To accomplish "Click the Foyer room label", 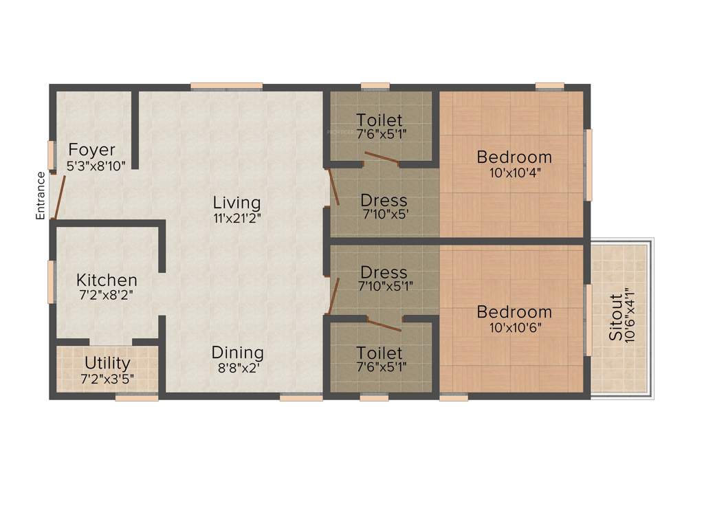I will [91, 150].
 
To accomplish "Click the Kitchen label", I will [107, 280].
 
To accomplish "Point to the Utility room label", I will [107, 362].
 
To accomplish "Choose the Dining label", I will [237, 352].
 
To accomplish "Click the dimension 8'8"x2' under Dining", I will [237, 367].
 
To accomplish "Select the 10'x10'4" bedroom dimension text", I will [514, 173].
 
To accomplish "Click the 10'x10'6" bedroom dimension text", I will [514, 327].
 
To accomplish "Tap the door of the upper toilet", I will [382, 159].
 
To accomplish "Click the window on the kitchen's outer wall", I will [51, 281].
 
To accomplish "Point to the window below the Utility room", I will [137, 397].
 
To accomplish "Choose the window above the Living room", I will [226, 86].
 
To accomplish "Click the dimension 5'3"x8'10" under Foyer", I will [96, 166].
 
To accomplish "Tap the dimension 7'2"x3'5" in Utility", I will [107, 378].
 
